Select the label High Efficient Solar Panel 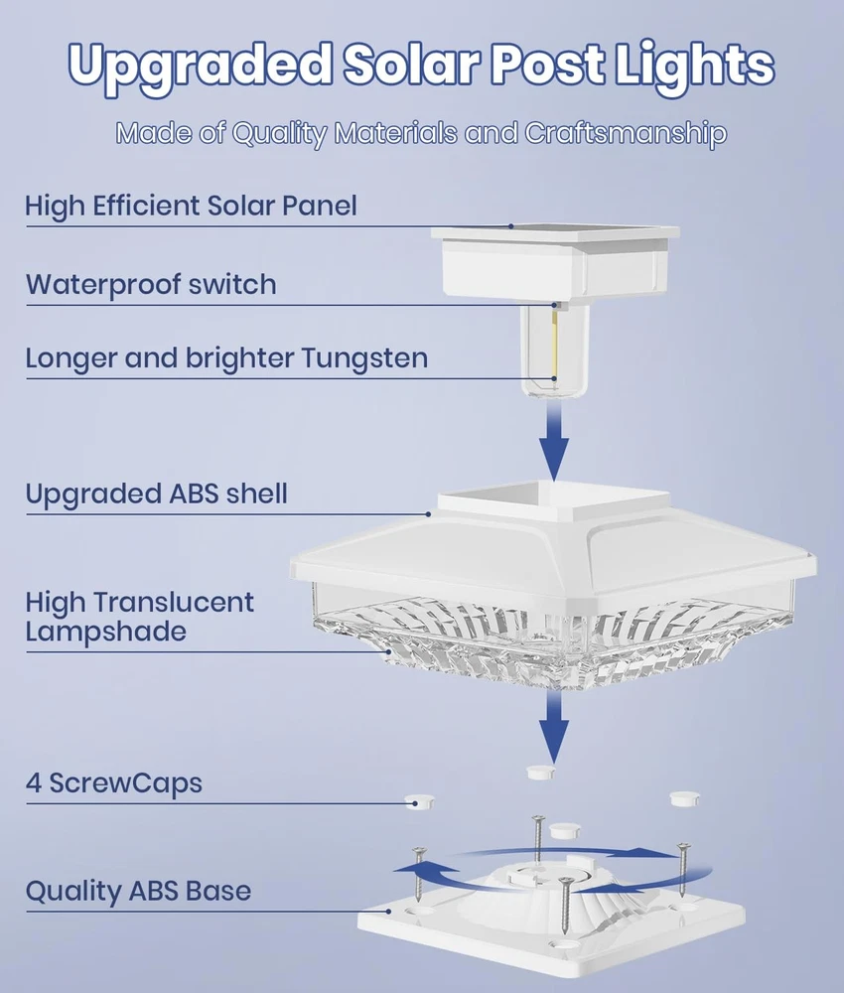click(x=191, y=207)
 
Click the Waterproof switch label click(x=151, y=285)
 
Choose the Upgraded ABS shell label click(x=156, y=494)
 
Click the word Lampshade click(x=105, y=631)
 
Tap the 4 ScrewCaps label click(x=113, y=782)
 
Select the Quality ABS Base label click(x=138, y=891)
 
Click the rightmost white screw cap click(x=684, y=797)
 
